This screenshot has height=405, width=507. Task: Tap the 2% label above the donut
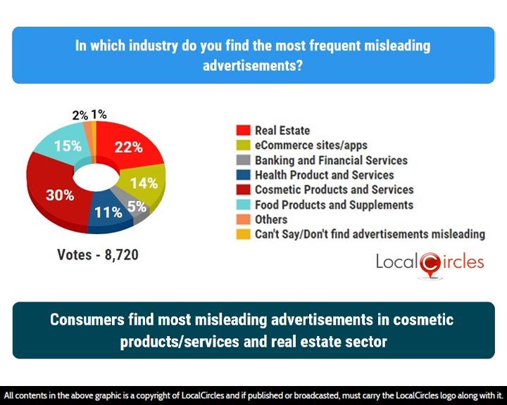tap(80, 115)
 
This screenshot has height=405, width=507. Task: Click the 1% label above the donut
tap(99, 114)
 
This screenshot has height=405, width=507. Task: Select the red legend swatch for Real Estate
tap(242, 131)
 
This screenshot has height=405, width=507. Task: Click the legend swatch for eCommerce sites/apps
tap(242, 146)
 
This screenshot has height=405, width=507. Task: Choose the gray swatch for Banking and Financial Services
tap(242, 160)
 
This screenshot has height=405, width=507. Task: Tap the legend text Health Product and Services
tap(324, 175)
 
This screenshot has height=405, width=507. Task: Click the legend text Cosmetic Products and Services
tap(334, 190)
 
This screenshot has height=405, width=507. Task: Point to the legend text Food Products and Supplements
tap(334, 205)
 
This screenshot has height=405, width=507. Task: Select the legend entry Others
tap(271, 219)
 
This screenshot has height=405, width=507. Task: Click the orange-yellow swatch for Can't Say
tap(242, 234)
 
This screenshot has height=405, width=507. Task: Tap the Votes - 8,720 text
tap(98, 255)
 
